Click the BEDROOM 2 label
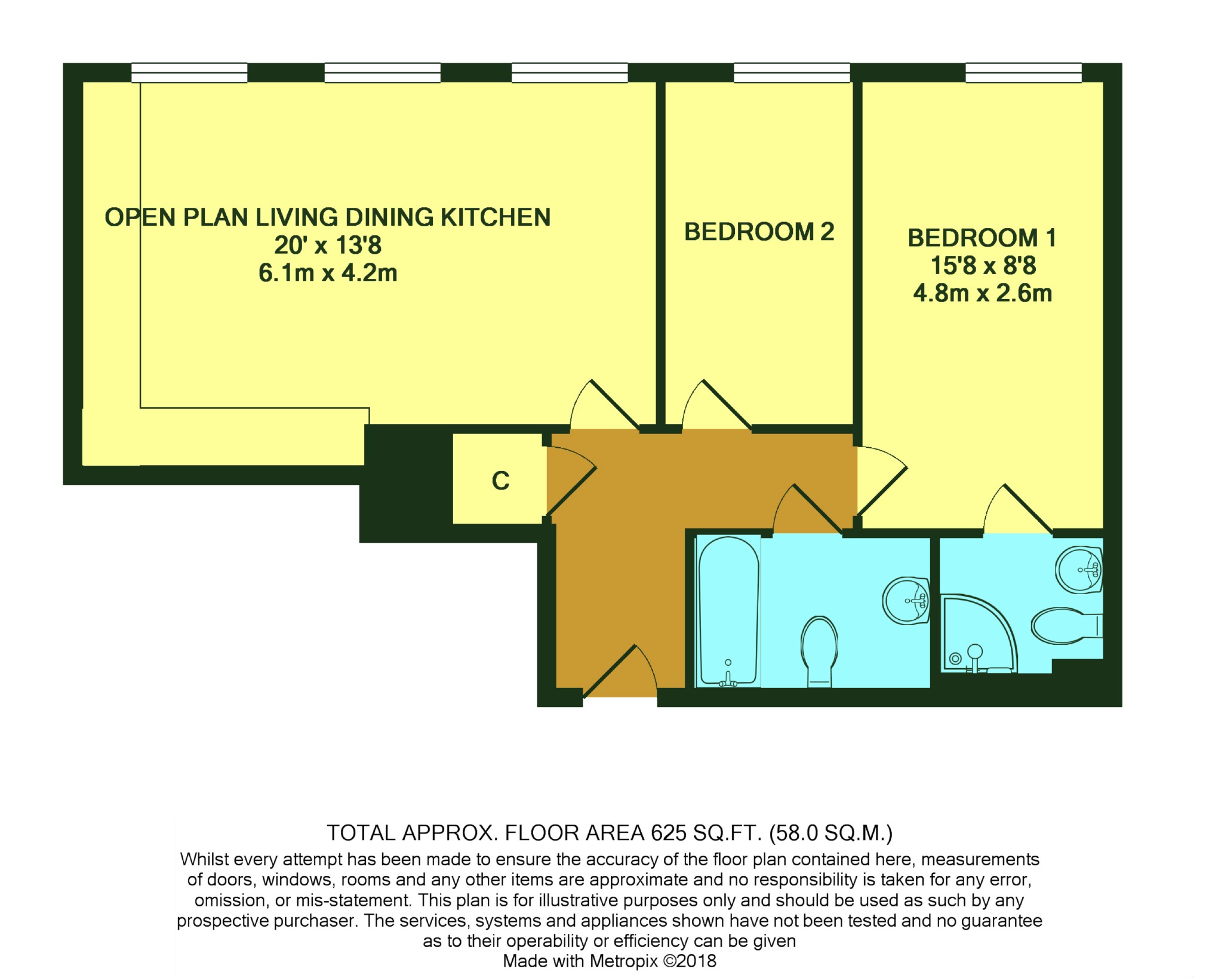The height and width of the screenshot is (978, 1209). click(759, 232)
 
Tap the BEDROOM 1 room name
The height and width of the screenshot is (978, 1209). click(982, 238)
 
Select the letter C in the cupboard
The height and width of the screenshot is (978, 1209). click(500, 481)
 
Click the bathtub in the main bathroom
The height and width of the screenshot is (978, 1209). click(728, 611)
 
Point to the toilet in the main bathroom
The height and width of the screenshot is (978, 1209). click(819, 651)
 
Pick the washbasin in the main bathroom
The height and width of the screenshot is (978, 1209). click(906, 600)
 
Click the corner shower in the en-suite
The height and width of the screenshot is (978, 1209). click(978, 633)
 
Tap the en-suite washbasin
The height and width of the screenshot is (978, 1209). click(1079, 569)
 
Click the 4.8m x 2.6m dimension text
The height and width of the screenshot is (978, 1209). click(983, 294)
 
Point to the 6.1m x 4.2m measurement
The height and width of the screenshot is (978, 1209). click(328, 273)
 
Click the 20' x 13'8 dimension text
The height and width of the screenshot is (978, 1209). click(328, 245)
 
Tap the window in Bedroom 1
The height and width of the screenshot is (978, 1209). click(1023, 72)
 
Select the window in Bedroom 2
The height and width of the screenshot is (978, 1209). click(792, 72)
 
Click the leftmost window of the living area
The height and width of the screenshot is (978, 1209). click(189, 72)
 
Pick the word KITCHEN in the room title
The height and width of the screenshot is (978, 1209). click(496, 217)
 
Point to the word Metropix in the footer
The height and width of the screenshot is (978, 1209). click(625, 961)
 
